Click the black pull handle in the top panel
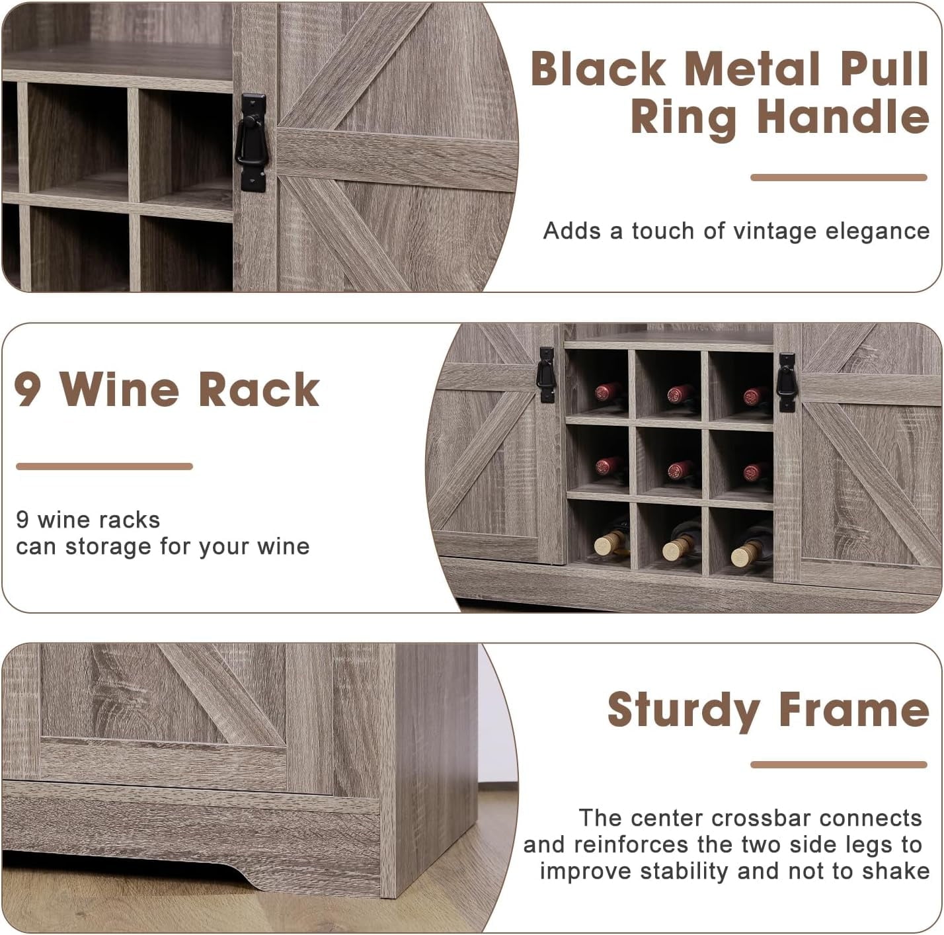tap(252, 142)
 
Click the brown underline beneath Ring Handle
tap(838, 177)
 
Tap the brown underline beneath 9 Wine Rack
tap(104, 466)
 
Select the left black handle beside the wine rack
tap(547, 375)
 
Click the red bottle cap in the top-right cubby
tap(754, 395)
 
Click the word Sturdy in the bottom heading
tap(684, 710)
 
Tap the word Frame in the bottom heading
tap(853, 710)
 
